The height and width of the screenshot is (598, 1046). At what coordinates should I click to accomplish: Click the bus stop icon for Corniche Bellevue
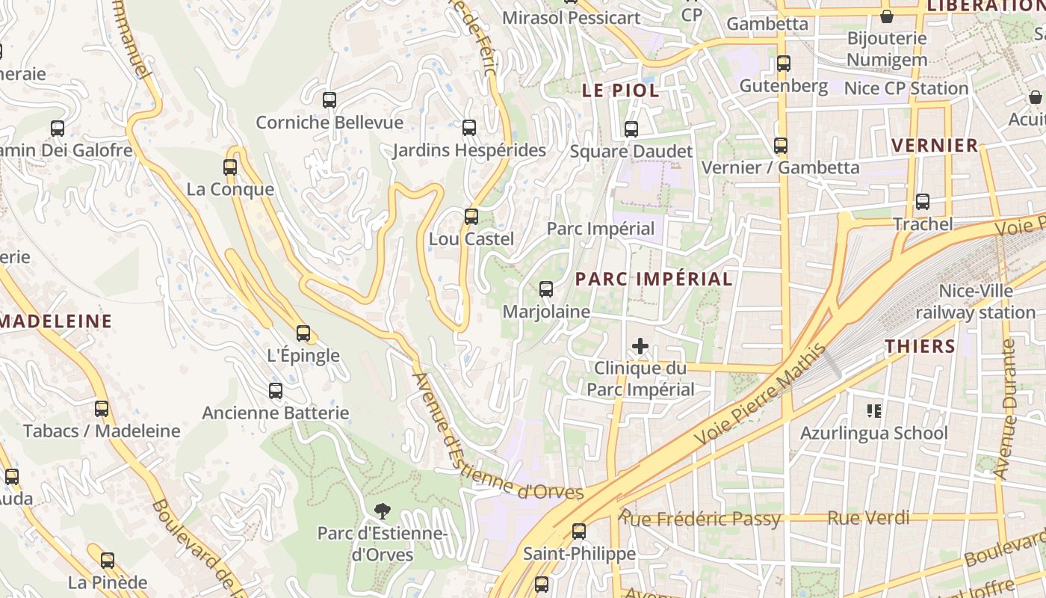point(329,99)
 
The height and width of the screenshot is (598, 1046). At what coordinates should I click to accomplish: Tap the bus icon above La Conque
point(230,167)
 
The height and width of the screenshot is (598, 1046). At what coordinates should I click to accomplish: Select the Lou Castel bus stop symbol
point(471,217)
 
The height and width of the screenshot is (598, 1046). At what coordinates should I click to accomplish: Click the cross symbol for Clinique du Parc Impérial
point(640,346)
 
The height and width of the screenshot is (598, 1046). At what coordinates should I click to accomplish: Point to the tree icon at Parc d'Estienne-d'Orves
point(383,511)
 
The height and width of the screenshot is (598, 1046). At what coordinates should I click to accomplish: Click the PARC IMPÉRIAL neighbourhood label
point(654,279)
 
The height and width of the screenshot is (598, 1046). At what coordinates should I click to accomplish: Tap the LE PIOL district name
point(621,90)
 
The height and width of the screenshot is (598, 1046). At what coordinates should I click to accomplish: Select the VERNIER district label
point(935,145)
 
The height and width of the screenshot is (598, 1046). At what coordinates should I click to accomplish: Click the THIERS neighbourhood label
point(920,346)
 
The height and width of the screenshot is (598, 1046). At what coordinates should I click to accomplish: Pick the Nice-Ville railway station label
point(976,301)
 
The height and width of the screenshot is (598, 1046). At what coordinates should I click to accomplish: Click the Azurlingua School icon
point(873,410)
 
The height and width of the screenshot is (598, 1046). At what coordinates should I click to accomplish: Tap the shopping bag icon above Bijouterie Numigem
point(887,16)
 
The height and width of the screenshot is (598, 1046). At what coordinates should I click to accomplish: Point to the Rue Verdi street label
point(868,517)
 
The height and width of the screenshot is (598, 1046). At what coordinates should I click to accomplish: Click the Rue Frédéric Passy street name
point(701,518)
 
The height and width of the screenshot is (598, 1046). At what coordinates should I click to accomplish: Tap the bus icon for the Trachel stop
point(923,202)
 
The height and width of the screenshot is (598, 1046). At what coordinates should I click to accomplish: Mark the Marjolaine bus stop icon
point(546,289)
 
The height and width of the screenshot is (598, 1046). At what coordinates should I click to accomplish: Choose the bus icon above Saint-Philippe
point(579,531)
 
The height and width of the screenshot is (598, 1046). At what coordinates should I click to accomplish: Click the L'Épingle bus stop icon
point(303,333)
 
